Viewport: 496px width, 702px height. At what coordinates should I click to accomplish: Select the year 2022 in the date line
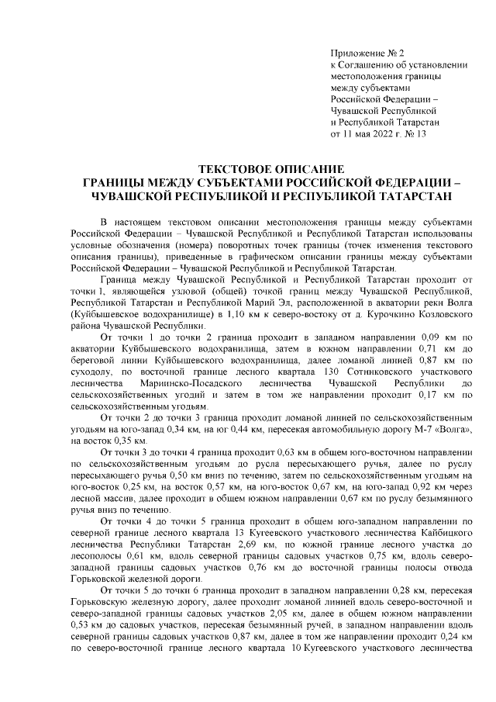coord(378,133)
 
